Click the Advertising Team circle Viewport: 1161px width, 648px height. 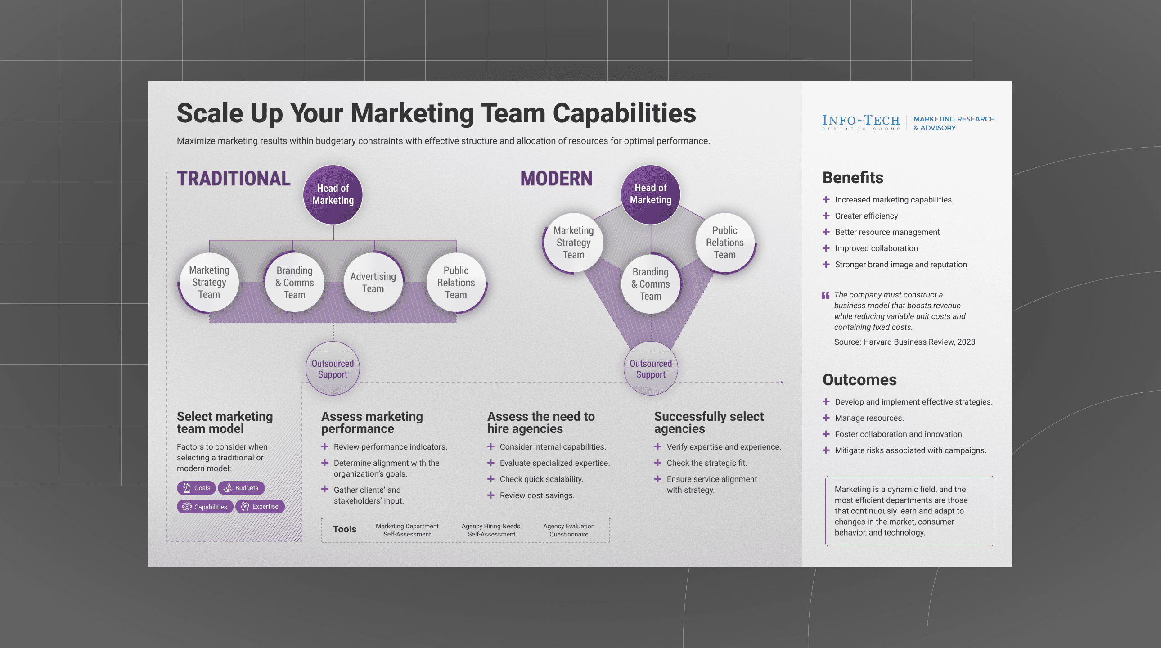click(373, 282)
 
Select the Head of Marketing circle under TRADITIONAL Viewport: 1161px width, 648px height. click(333, 194)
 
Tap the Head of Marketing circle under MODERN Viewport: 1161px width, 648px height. click(650, 194)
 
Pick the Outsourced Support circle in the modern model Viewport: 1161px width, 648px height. click(650, 369)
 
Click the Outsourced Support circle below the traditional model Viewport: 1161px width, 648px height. click(333, 369)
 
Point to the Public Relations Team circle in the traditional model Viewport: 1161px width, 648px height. click(456, 282)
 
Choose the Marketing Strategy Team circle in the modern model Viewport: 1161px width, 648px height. click(573, 243)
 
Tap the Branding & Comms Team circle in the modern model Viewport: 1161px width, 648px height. click(650, 284)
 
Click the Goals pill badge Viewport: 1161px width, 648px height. click(197, 488)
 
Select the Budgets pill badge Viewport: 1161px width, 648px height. click(241, 488)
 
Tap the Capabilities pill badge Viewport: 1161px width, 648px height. click(205, 507)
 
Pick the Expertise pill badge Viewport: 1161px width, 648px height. click(260, 506)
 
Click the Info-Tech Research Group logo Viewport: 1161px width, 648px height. click(860, 122)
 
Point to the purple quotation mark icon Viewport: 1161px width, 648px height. click(825, 295)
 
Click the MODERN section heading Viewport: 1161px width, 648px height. click(556, 179)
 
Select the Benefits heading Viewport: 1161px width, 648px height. click(853, 178)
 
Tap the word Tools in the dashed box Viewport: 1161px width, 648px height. click(344, 529)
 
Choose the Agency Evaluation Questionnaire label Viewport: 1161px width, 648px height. click(569, 530)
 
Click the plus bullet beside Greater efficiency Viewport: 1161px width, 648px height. click(826, 216)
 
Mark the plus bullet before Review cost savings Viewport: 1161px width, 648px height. click(491, 495)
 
